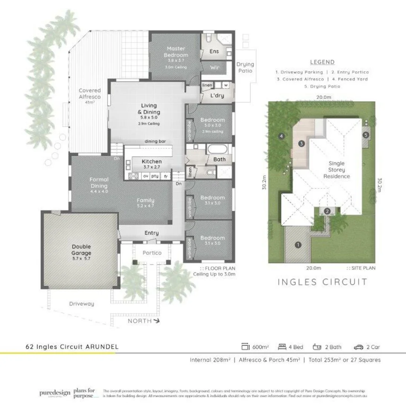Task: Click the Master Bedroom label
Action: (176, 52)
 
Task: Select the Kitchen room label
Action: (151, 161)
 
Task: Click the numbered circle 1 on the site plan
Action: (298, 245)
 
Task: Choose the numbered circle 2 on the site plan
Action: (327, 211)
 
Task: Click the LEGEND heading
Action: (322, 62)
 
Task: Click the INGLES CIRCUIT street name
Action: (322, 282)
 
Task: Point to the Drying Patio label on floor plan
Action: (245, 68)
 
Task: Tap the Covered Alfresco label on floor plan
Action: (89, 93)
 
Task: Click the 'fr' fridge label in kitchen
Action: (166, 176)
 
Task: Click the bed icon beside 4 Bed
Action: (282, 347)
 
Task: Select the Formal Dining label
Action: (99, 183)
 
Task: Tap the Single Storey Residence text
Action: (336, 170)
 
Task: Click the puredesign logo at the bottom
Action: (55, 393)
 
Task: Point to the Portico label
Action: (152, 253)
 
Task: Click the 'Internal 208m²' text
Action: (210, 360)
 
